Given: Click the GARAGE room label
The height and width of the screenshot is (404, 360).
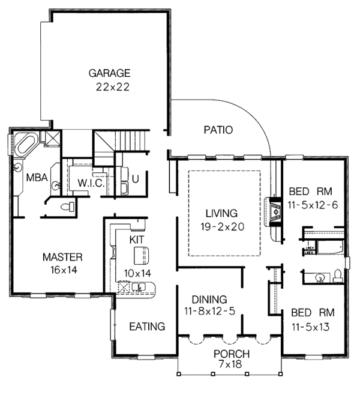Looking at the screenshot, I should coord(110,73).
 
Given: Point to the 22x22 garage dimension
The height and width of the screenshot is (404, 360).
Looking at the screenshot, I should coord(113,86).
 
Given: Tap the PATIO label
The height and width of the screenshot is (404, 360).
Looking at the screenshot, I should coord(218,129).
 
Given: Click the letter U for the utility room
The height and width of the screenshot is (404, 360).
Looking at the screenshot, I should coord(135,178).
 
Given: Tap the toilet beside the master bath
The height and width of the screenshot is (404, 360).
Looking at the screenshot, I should coord(71,207).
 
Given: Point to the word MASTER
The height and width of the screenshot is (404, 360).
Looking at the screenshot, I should coord(62,257).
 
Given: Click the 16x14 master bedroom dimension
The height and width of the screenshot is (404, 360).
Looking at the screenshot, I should coord(62,270).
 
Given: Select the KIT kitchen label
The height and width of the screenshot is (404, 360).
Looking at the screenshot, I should coord(138,239).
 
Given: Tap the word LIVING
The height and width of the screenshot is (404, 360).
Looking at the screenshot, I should coord(221,213).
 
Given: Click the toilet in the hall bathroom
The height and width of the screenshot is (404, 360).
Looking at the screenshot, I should coord(337,276).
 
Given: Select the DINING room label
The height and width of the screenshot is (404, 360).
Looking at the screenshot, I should coord(209,299).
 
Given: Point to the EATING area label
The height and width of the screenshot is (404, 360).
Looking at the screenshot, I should coord(148,327).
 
